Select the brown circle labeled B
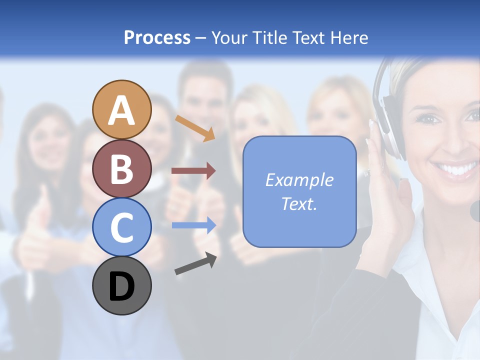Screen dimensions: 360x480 pyautogui.click(x=122, y=168)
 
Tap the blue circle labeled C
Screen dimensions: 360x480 pyautogui.click(x=122, y=227)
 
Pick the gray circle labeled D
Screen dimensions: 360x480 pyautogui.click(x=122, y=285)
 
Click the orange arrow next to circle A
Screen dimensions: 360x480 pyautogui.click(x=194, y=127)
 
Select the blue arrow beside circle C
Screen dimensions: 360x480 pyautogui.click(x=193, y=225)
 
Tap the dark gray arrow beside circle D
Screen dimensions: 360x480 pyautogui.click(x=195, y=263)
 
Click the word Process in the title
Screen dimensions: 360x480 pyautogui.click(x=157, y=38)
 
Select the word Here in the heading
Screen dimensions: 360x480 pyautogui.click(x=349, y=38)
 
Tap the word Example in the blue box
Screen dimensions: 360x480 pyautogui.click(x=299, y=180)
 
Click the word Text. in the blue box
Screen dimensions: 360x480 pyautogui.click(x=299, y=203)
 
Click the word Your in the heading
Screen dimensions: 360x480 pyautogui.click(x=230, y=38)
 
